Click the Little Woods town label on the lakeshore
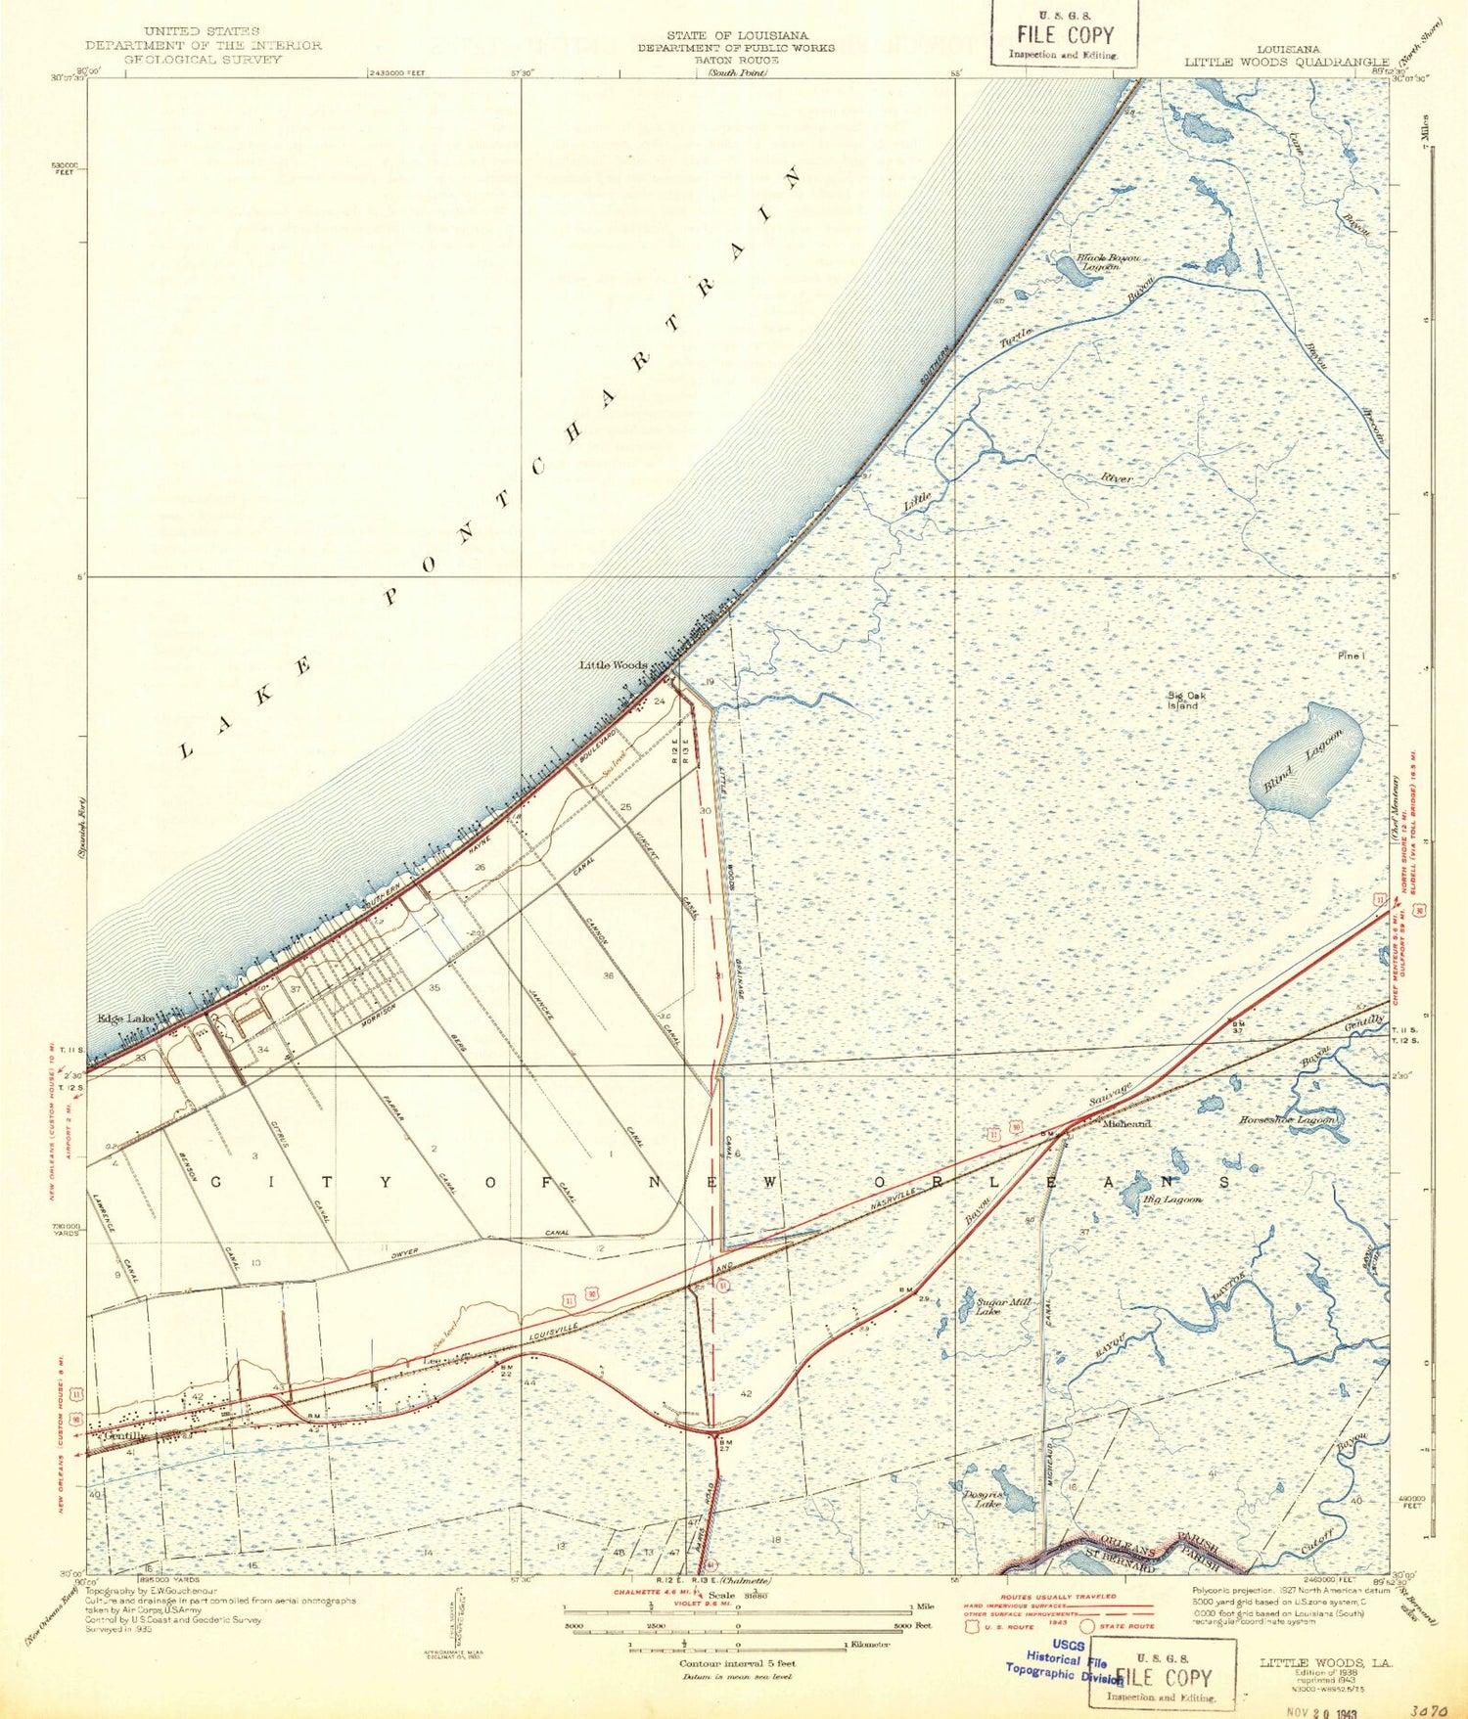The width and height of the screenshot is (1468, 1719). point(613,665)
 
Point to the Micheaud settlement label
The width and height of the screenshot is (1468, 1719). point(1126,1124)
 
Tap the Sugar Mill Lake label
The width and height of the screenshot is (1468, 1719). point(1004,1306)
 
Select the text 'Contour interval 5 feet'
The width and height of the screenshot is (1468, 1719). point(737,1663)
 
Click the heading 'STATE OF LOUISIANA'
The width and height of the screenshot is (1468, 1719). point(737,36)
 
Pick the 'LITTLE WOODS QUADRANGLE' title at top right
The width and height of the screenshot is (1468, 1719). point(1287,62)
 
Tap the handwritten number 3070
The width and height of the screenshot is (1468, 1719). point(1429,1704)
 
